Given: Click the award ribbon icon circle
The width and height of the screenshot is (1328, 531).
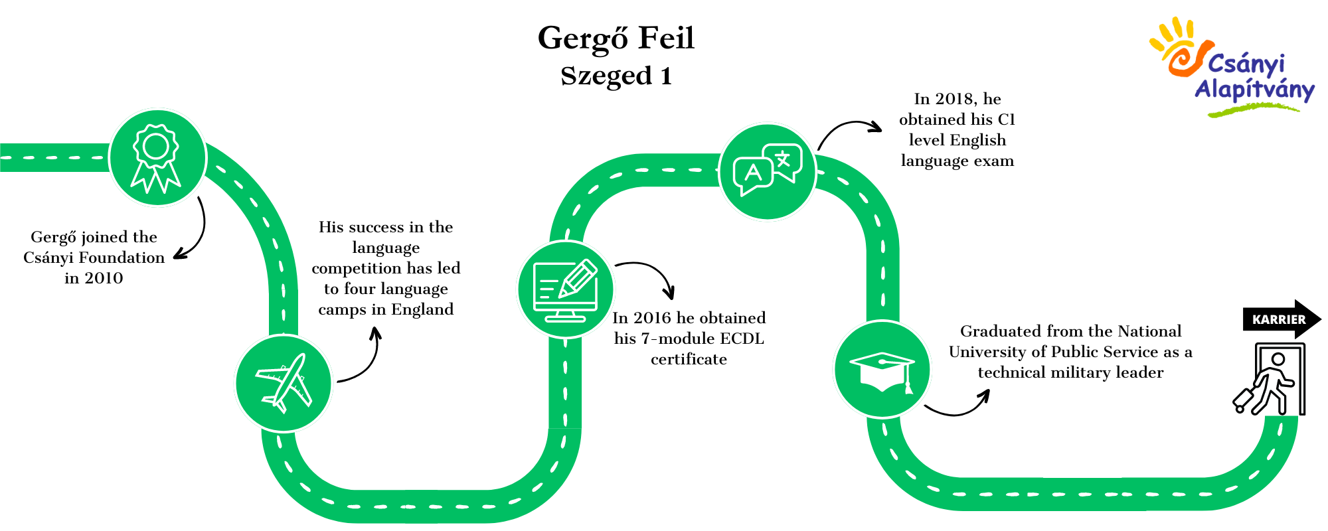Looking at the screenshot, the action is (157, 158).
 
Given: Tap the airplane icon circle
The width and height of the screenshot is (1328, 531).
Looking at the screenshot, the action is (284, 384).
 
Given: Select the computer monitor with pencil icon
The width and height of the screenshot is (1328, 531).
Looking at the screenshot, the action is (566, 289).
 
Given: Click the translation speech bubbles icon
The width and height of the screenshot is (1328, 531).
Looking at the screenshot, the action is (768, 170).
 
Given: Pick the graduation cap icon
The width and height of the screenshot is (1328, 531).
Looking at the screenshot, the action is (882, 372).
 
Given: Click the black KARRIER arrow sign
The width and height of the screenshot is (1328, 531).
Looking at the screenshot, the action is (1282, 319).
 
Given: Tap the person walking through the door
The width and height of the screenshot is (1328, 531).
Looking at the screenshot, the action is (1269, 380).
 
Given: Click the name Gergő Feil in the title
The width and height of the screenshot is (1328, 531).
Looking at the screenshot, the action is (616, 38).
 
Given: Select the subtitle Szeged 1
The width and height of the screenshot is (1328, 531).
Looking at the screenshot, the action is (616, 76).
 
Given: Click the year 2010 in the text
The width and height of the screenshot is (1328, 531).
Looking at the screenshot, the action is (104, 278).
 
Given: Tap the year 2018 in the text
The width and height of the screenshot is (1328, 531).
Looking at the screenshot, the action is (955, 99).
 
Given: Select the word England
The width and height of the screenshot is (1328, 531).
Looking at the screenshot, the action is (422, 310).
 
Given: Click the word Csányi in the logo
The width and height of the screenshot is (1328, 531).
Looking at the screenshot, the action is (1246, 64).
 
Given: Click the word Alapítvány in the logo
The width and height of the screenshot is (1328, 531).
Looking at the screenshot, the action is (1254, 90).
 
